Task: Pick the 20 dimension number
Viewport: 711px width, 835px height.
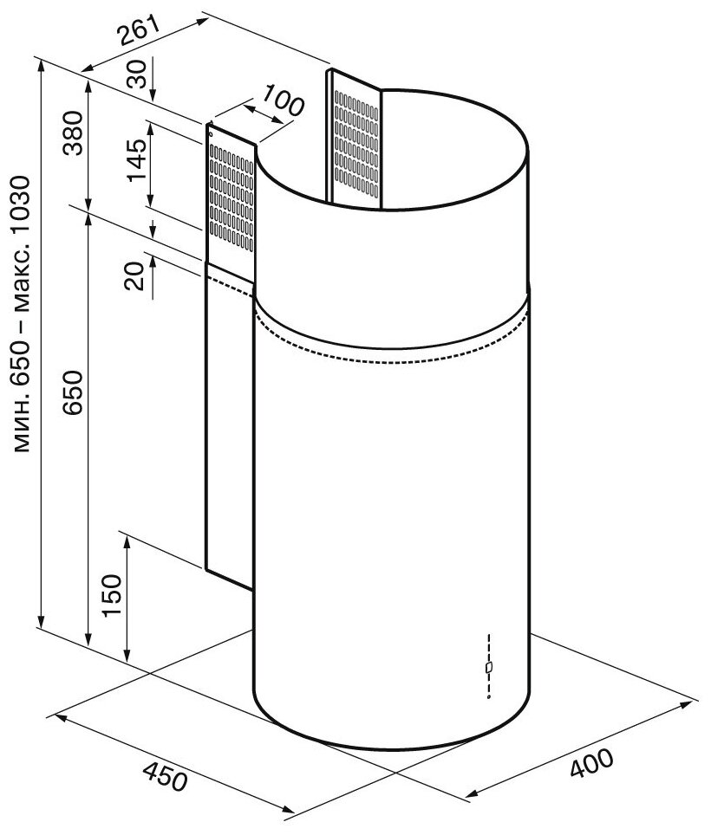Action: pyautogui.click(x=134, y=277)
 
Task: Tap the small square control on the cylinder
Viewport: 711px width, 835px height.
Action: pyautogui.click(x=489, y=668)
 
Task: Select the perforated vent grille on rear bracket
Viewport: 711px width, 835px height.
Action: pyautogui.click(x=356, y=139)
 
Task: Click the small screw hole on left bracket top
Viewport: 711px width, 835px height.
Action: pyautogui.click(x=211, y=134)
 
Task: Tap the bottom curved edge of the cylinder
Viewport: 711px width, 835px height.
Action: pyautogui.click(x=390, y=747)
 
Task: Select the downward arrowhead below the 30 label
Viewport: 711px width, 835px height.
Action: pyautogui.click(x=153, y=96)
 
